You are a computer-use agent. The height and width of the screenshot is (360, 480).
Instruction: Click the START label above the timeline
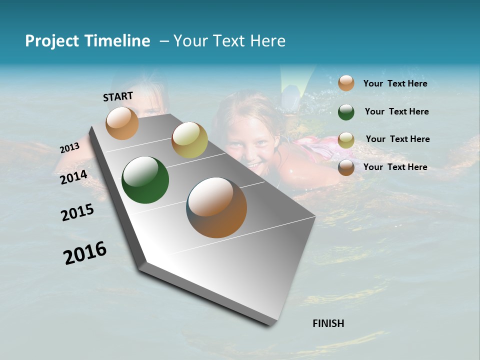[x=118, y=96]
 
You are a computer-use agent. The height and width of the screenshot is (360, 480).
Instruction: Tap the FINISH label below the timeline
[x=328, y=323]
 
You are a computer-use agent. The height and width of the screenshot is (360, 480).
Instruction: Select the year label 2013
[x=69, y=147]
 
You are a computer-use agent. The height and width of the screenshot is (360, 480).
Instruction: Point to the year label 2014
[x=73, y=177]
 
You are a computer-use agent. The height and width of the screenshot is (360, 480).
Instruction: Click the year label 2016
[x=85, y=253]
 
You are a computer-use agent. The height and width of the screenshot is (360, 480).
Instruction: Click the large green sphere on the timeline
[x=145, y=180]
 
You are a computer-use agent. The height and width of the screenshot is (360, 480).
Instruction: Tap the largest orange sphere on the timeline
[x=216, y=207]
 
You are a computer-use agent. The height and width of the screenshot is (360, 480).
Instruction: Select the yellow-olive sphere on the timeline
[x=189, y=140]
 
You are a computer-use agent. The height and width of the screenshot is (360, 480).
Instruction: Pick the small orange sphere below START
[x=122, y=123]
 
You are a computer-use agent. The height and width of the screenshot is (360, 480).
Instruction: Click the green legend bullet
[x=346, y=112]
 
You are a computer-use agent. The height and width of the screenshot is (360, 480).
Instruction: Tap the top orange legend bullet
[x=346, y=83]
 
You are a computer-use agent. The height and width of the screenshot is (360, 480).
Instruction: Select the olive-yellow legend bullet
[x=346, y=140]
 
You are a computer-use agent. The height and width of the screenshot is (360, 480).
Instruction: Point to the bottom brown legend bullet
[x=346, y=167]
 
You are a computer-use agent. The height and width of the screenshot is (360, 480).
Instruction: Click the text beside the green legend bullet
[x=396, y=111]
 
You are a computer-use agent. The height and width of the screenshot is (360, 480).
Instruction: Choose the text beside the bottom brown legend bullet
[x=395, y=167]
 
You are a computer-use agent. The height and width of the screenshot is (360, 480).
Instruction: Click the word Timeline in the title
[x=118, y=41]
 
